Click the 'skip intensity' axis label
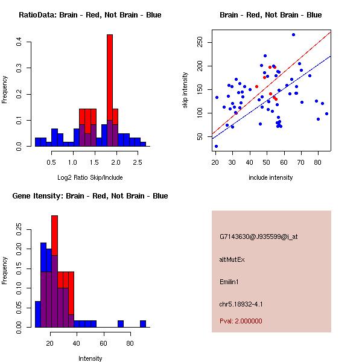point(185,91)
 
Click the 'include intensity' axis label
point(270,177)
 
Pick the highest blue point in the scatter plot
point(293,35)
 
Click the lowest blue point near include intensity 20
point(216,146)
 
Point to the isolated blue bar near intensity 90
point(143,324)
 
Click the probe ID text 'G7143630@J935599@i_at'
point(259,237)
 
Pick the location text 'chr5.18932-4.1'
point(241,304)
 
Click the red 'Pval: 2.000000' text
point(241,321)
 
